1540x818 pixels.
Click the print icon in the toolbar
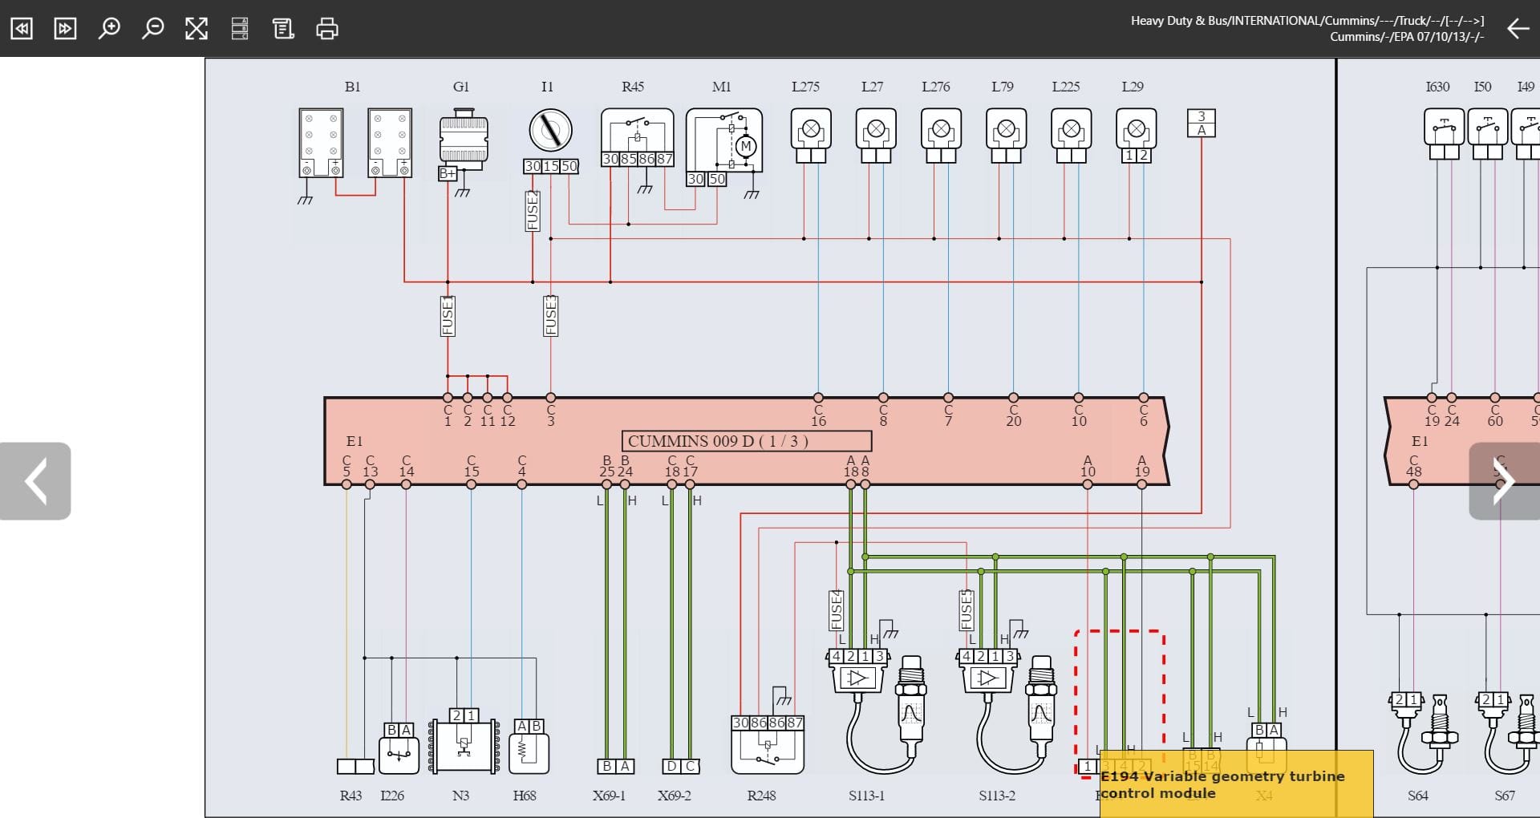[326, 29]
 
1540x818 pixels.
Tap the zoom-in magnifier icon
[108, 29]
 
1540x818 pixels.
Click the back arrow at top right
[1518, 29]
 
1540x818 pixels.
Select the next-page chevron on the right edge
[1503, 481]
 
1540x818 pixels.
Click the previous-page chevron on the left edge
[35, 481]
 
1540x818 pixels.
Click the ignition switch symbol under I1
[550, 131]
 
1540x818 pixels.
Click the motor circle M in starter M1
[746, 146]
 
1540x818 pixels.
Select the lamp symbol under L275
[811, 129]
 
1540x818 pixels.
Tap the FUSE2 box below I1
[533, 211]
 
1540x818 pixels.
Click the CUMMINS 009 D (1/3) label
[746, 441]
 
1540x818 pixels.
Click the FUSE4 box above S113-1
[836, 610]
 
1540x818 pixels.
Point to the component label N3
[460, 796]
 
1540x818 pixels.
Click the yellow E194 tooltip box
[1235, 784]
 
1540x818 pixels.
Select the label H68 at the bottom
[524, 796]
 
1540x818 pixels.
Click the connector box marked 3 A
[1201, 123]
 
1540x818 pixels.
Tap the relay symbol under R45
[637, 132]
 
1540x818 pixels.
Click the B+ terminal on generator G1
[448, 173]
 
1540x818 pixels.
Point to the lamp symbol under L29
[1136, 129]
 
